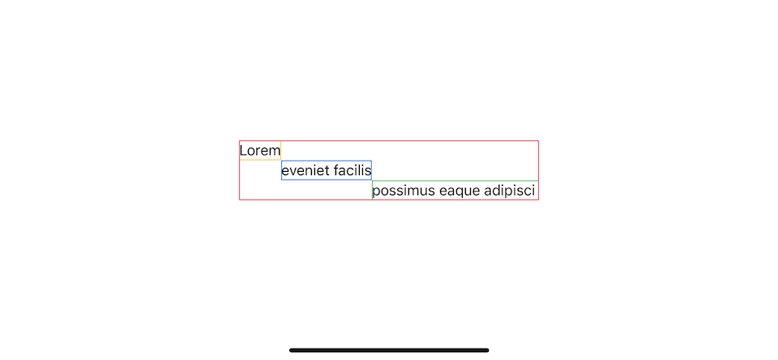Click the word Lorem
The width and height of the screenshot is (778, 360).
pyautogui.click(x=260, y=151)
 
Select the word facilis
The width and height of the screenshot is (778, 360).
pyautogui.click(x=353, y=171)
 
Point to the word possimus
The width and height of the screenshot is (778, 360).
pyautogui.click(x=404, y=191)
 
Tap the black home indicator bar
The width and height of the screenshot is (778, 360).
pyautogui.click(x=389, y=350)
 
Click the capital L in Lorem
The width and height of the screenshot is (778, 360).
pyautogui.click(x=242, y=151)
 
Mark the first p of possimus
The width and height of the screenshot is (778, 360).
pyautogui.click(x=376, y=193)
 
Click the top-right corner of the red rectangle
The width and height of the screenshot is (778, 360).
pyautogui.click(x=538, y=141)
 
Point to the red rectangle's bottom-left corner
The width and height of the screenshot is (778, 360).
pyautogui.click(x=240, y=199)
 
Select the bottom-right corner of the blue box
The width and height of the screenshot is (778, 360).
pyautogui.click(x=372, y=180)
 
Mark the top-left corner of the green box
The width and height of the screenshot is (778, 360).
pyautogui.click(x=373, y=181)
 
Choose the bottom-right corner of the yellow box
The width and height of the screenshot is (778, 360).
pyautogui.click(x=281, y=160)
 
